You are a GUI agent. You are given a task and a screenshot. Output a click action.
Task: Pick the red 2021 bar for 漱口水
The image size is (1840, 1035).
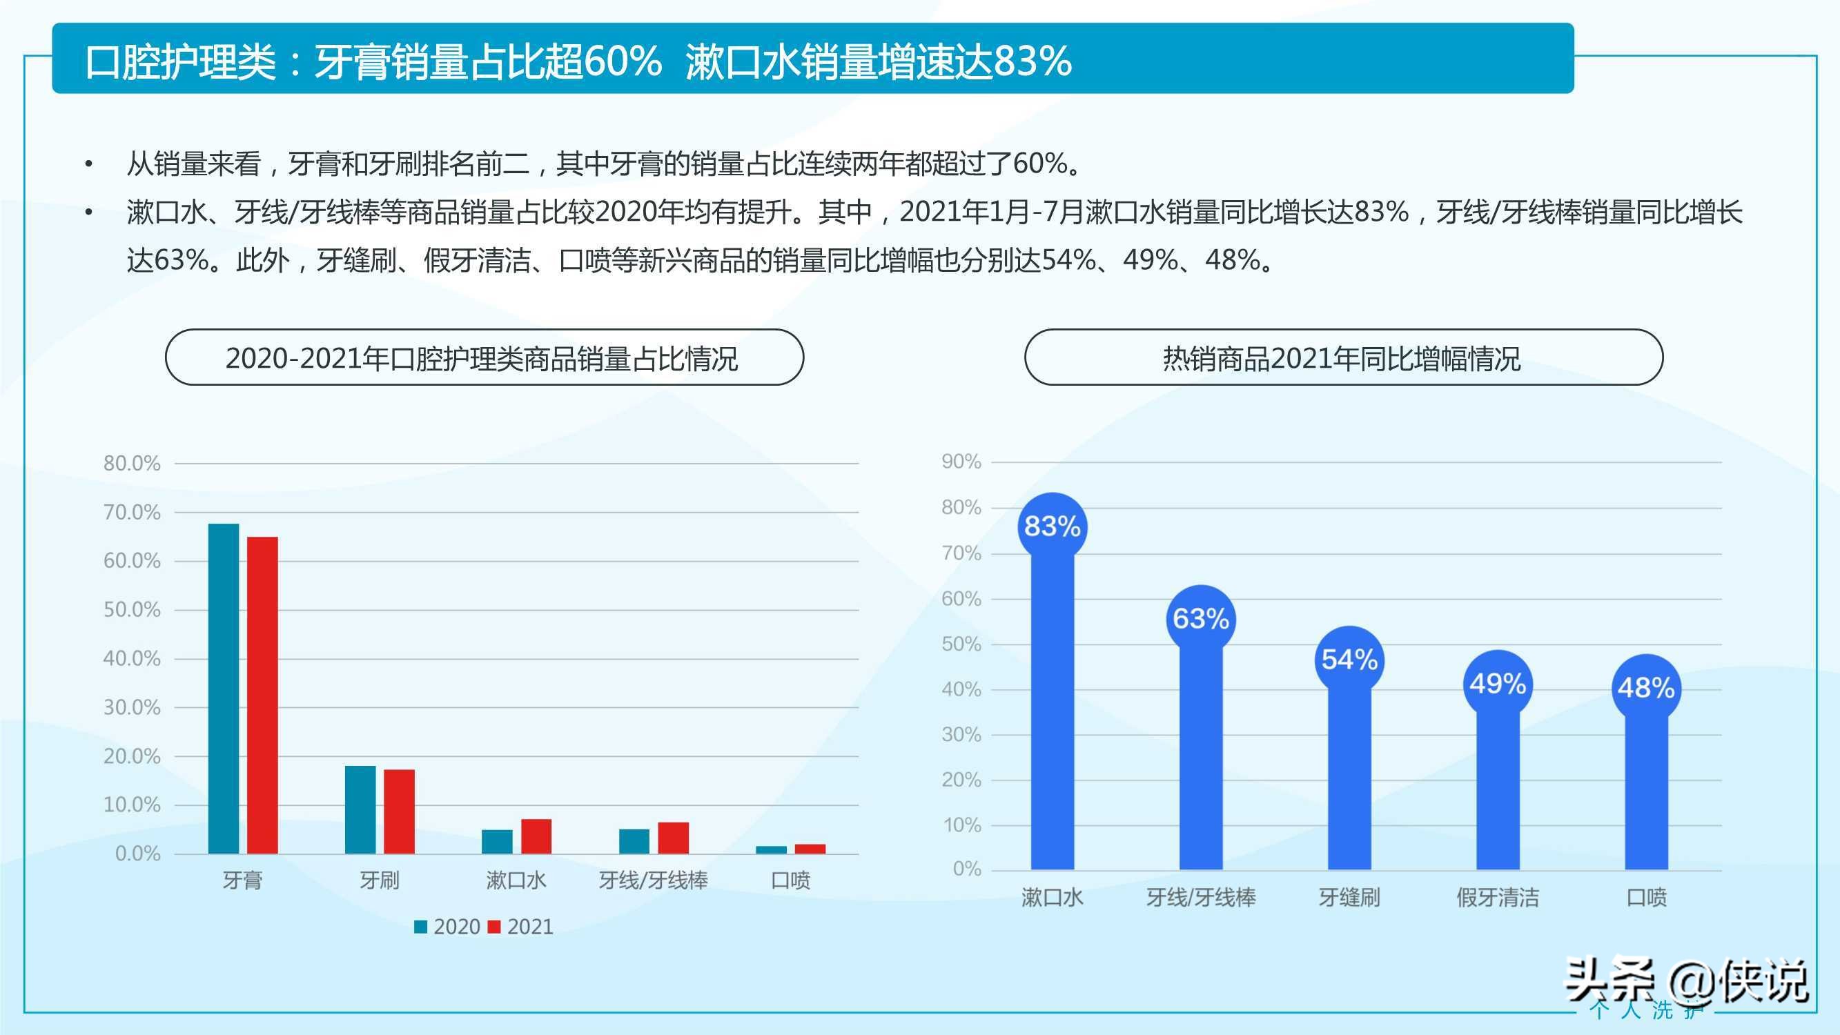click(x=536, y=836)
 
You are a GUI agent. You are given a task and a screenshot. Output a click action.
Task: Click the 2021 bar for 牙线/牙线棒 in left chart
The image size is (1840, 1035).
click(x=673, y=838)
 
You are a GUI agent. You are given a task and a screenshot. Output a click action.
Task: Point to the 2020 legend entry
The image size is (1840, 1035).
click(x=447, y=927)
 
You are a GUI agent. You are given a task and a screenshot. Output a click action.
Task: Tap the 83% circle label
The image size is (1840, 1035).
click(x=1052, y=527)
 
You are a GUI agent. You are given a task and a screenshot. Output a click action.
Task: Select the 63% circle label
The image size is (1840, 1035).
click(x=1201, y=618)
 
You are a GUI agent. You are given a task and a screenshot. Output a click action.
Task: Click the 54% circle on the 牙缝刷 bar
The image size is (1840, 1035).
click(x=1349, y=659)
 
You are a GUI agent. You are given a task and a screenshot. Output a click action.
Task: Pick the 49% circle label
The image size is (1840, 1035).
click(x=1498, y=684)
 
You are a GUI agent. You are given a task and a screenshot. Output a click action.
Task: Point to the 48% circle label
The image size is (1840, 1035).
click(x=1647, y=688)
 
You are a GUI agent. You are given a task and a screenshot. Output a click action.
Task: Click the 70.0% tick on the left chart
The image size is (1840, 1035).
click(x=132, y=512)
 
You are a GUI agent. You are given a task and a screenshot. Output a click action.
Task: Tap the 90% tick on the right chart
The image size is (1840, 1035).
click(x=961, y=462)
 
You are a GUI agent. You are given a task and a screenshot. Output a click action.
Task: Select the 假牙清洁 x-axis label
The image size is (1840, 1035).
click(x=1498, y=897)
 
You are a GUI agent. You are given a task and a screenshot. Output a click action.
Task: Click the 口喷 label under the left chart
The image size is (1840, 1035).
click(x=791, y=880)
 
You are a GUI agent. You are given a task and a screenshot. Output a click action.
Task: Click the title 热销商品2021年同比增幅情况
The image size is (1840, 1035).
click(x=1343, y=358)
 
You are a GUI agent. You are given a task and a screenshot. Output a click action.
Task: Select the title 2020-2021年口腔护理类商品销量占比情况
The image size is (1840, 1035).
click(x=483, y=358)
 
